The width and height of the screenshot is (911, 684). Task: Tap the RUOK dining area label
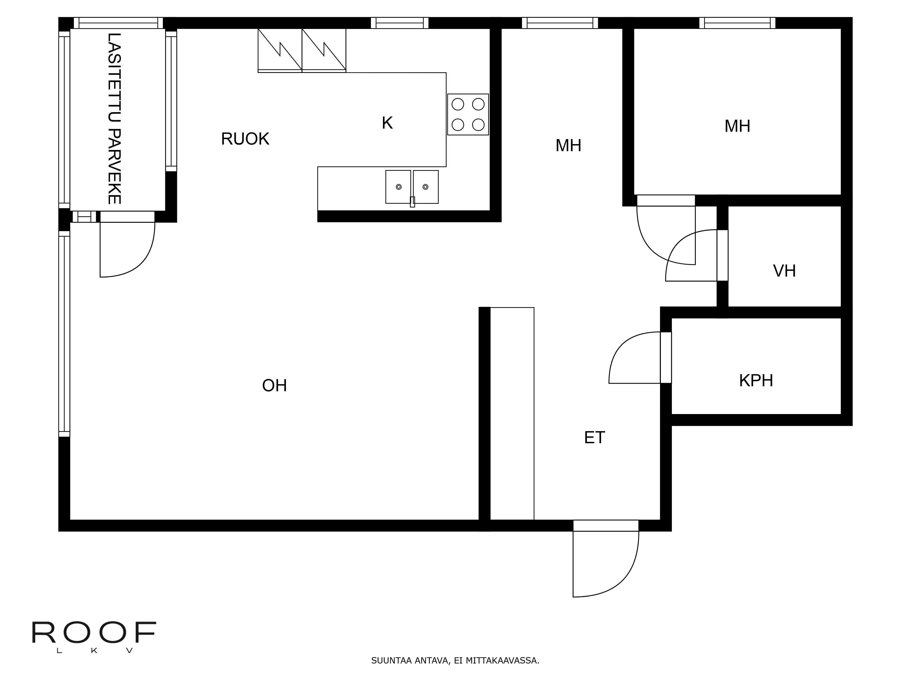[245, 139]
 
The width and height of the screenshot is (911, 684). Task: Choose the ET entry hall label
[594, 438]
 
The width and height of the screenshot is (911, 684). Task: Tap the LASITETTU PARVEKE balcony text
[114, 119]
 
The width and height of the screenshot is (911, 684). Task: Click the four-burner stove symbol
[468, 115]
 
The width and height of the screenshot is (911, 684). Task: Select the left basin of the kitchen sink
[398, 187]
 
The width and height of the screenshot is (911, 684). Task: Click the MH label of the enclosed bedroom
[737, 126]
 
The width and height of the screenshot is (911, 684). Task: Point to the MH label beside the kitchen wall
[568, 145]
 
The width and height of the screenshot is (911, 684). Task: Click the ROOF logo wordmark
[94, 633]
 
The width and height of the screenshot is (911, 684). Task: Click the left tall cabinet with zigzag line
[280, 49]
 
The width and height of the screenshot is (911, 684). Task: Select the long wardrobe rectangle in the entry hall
[512, 414]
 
